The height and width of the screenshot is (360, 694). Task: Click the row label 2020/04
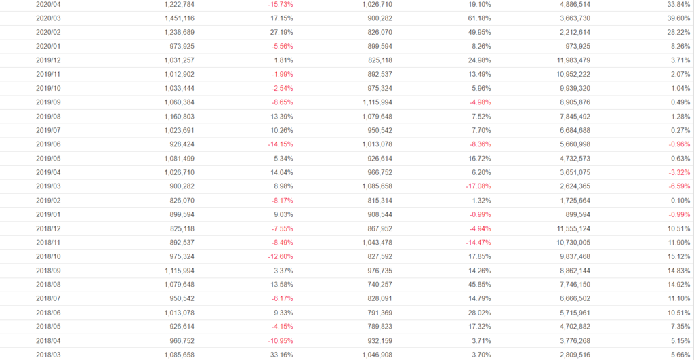click(x=48, y=4)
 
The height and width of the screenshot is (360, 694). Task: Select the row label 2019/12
click(x=48, y=60)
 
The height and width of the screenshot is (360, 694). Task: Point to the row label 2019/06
click(x=48, y=144)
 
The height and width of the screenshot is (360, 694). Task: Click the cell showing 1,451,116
click(x=179, y=18)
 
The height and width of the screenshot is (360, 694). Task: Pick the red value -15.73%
click(x=280, y=4)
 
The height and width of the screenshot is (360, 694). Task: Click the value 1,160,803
click(x=179, y=117)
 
